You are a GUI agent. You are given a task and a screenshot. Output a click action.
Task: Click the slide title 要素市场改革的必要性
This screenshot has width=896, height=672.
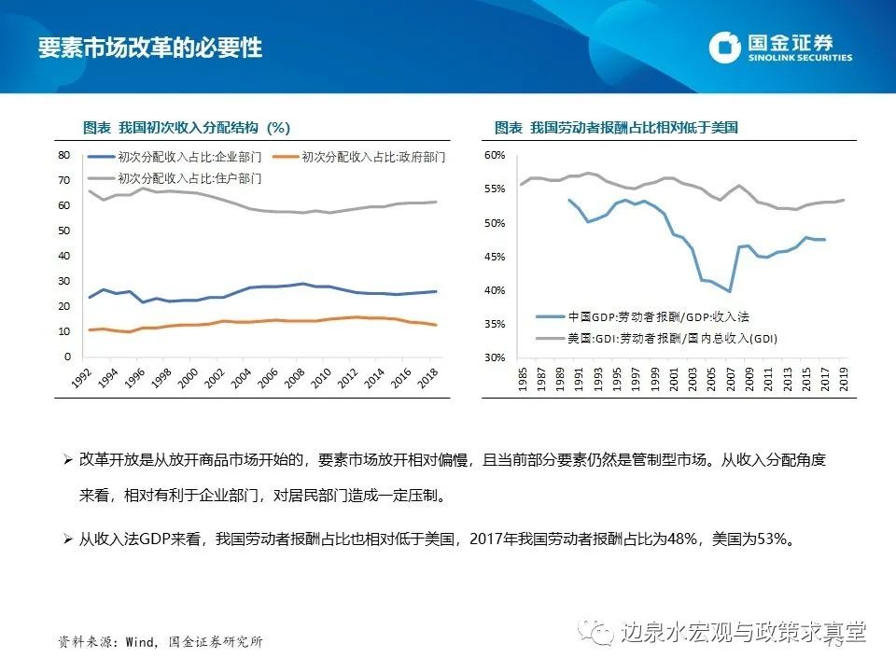click(x=149, y=48)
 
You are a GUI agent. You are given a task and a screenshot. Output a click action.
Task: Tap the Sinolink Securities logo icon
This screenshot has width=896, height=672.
click(x=724, y=48)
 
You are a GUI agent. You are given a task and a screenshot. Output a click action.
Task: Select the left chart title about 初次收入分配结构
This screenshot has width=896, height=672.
click(x=187, y=127)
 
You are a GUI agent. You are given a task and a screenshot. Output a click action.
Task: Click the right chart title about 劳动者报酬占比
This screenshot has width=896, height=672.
click(x=616, y=127)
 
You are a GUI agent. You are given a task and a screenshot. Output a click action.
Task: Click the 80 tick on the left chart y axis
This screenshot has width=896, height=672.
click(x=64, y=155)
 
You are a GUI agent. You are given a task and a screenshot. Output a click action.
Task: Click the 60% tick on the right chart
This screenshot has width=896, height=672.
click(x=495, y=155)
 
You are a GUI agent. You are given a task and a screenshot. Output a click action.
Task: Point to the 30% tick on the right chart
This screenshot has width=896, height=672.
click(x=495, y=357)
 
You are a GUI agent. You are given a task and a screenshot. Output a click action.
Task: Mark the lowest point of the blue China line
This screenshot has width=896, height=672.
click(x=729, y=291)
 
